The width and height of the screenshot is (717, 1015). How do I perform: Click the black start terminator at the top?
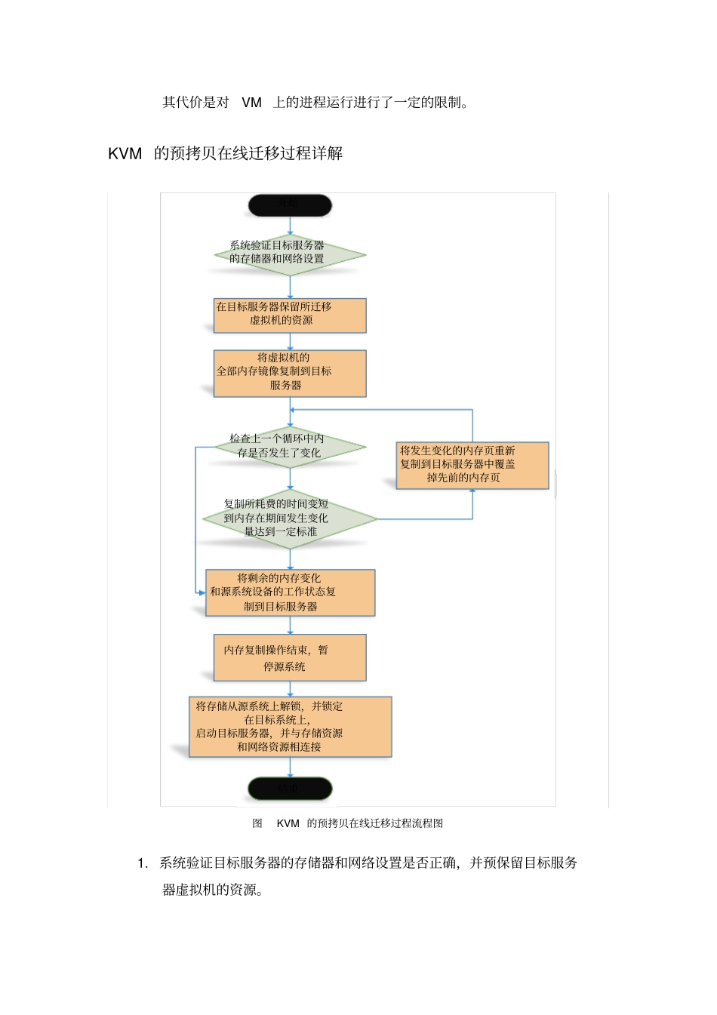coord(290,205)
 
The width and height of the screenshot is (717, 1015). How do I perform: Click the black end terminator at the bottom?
coord(290,789)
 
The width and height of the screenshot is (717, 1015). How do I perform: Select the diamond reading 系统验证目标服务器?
coord(290,254)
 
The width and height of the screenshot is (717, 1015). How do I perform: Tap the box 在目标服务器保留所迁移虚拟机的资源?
coord(290,315)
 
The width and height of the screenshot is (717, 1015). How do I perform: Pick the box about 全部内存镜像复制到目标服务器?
coord(290,373)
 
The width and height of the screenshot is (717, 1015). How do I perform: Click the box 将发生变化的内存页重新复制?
coord(472,465)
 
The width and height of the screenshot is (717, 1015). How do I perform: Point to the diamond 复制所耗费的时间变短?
coord(290,518)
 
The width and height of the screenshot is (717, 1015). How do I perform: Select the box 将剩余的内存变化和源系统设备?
coord(290,592)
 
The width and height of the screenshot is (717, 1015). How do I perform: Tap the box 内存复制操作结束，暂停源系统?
coord(290,657)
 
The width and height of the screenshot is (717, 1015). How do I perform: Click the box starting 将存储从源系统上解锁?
coord(290,727)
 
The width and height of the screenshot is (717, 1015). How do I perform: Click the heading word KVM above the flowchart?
coord(125,154)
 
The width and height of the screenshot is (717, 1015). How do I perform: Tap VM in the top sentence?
coord(251,103)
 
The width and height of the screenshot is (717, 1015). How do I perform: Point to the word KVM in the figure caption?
coord(288,823)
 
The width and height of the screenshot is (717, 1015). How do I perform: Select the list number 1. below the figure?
coord(143,863)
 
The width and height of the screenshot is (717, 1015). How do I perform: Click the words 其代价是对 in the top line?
coord(195,103)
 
